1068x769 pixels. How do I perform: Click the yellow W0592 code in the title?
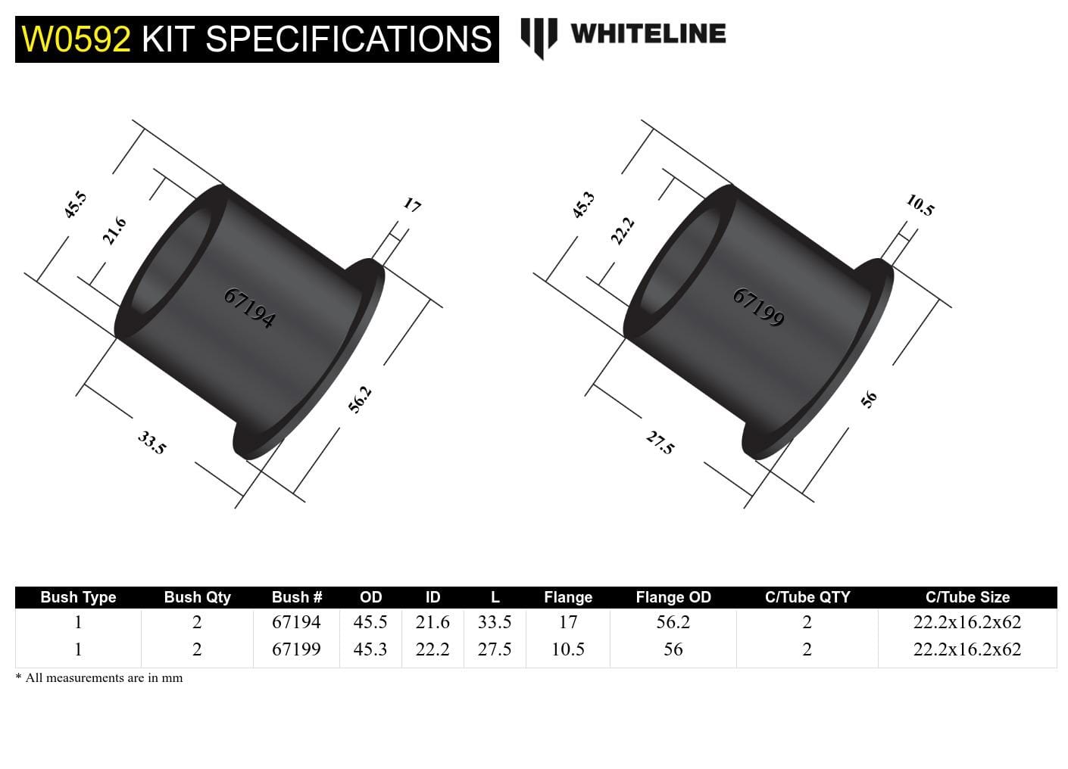(76, 39)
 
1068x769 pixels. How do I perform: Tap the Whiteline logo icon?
(539, 37)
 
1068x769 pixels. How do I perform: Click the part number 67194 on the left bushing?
(249, 308)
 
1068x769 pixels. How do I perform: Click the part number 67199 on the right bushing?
(758, 307)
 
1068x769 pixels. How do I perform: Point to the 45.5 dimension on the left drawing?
(75, 205)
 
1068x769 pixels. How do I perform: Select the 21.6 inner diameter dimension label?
(114, 231)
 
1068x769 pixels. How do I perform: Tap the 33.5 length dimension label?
(151, 442)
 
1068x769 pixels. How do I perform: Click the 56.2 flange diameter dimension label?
(360, 400)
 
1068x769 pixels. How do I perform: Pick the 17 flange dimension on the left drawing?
(411, 204)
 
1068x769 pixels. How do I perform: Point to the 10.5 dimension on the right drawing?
(920, 205)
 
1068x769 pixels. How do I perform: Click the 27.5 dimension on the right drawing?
(660, 442)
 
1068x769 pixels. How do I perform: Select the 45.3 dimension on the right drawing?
(583, 205)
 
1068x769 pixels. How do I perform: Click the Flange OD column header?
(673, 597)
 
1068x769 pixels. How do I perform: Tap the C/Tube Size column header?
(967, 597)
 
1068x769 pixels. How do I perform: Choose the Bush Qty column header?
(197, 597)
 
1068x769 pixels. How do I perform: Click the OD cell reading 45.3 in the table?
(370, 649)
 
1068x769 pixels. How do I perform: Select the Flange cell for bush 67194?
(568, 622)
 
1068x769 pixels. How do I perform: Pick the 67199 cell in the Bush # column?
(296, 649)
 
